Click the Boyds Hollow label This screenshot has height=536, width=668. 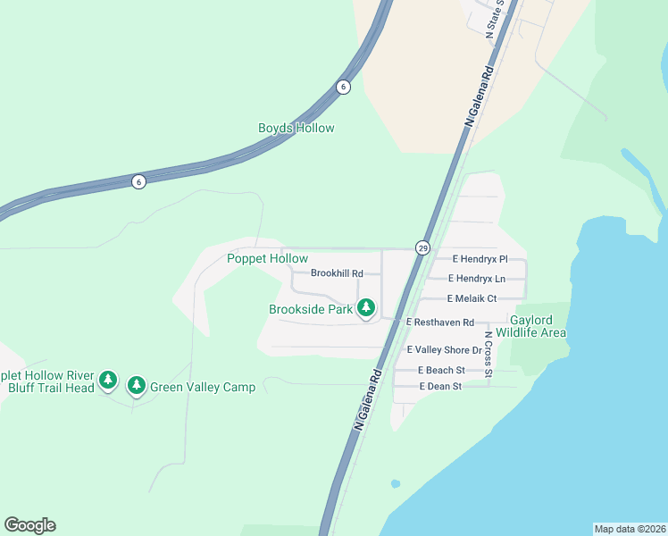click(x=296, y=128)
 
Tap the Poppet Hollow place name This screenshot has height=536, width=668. click(x=267, y=258)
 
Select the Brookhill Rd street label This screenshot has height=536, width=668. click(x=337, y=273)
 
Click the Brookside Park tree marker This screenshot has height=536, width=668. click(x=365, y=308)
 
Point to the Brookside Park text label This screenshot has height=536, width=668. click(x=311, y=310)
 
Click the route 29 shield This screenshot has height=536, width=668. click(x=422, y=247)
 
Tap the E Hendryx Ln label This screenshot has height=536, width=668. click(x=477, y=279)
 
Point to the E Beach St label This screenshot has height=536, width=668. click(x=441, y=370)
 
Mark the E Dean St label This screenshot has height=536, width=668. click(x=439, y=387)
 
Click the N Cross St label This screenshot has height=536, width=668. click(x=488, y=354)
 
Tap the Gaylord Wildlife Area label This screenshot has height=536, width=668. click(x=538, y=326)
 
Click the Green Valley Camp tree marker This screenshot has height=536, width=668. click(x=136, y=385)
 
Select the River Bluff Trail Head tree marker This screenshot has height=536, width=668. click(x=107, y=381)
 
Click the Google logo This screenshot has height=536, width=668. click(x=29, y=525)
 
